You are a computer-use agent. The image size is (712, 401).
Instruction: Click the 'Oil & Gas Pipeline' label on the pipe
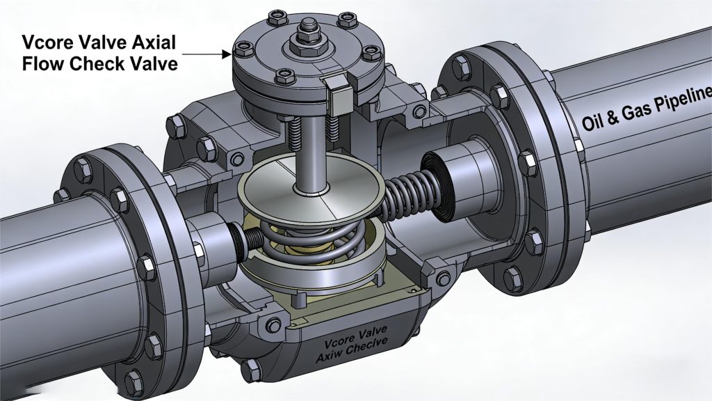click(646, 109)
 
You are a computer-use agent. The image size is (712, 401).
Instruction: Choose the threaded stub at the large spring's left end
click(238, 237)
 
